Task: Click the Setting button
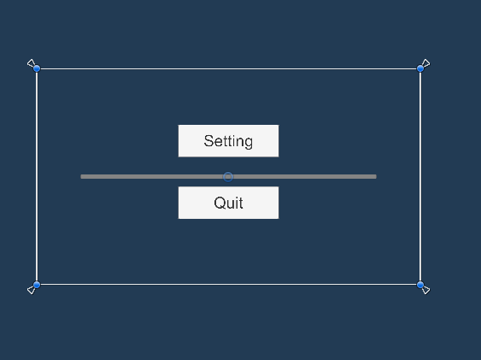click(x=228, y=141)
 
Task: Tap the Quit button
click(x=228, y=203)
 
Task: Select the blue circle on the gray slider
click(x=228, y=177)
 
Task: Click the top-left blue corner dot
click(x=37, y=68)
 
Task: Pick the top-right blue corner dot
click(x=420, y=68)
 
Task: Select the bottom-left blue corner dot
click(x=37, y=285)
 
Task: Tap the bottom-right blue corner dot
click(x=420, y=285)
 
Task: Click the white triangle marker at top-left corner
click(x=31, y=63)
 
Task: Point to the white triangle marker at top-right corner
click(x=426, y=63)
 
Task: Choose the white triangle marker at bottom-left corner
click(x=31, y=290)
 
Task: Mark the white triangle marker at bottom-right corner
click(x=426, y=290)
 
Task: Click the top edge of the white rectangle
click(x=228, y=68)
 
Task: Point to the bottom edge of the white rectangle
click(x=228, y=285)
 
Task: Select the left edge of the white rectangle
click(x=37, y=176)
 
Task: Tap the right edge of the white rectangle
click(x=420, y=176)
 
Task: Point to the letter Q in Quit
click(x=219, y=203)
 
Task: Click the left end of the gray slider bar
click(x=82, y=176)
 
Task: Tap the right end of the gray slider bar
click(x=375, y=176)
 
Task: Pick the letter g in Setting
click(x=249, y=143)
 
